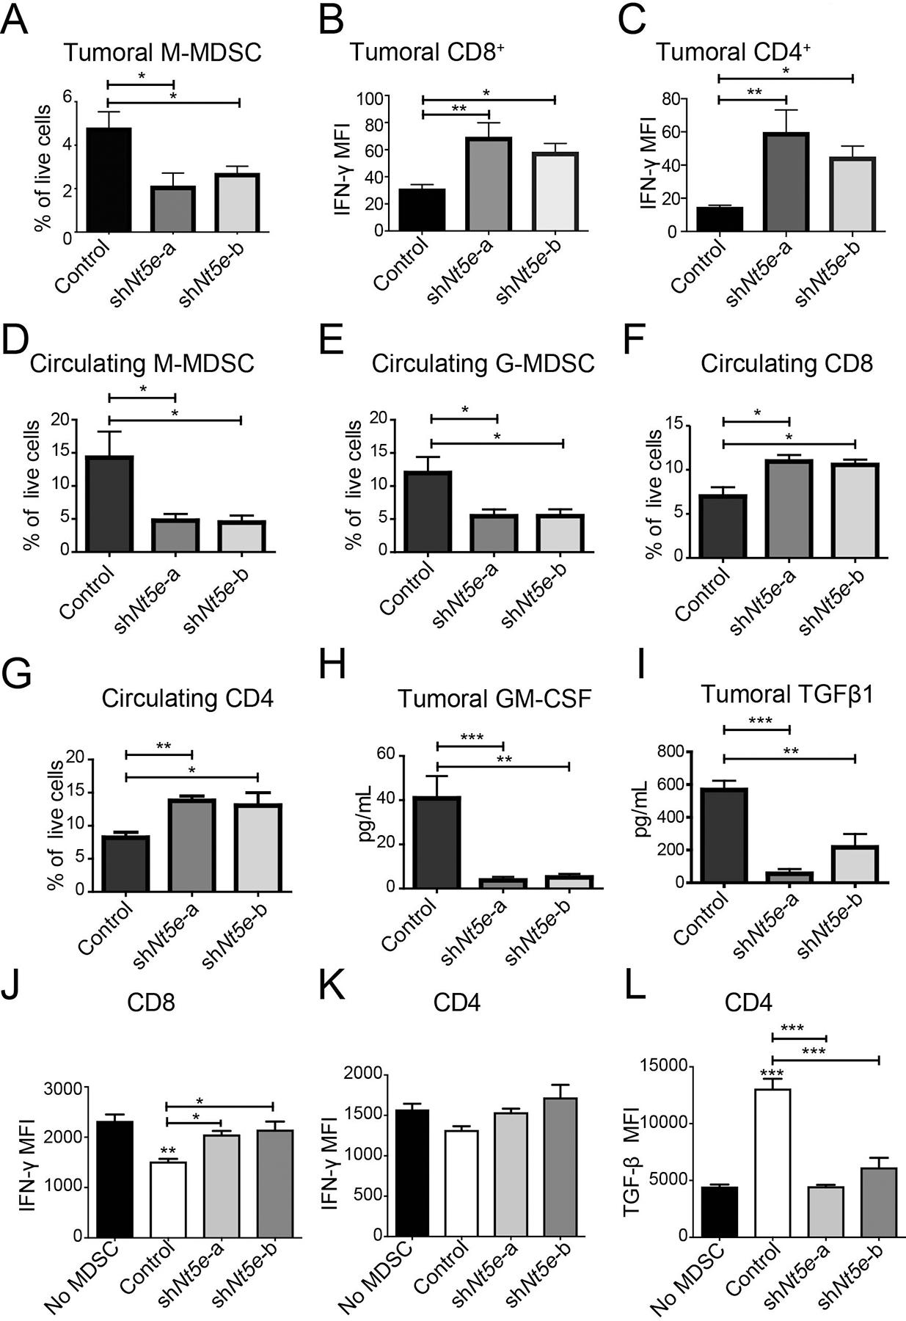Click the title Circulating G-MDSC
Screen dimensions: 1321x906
(483, 364)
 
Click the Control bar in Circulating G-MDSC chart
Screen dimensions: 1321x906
(430, 511)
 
